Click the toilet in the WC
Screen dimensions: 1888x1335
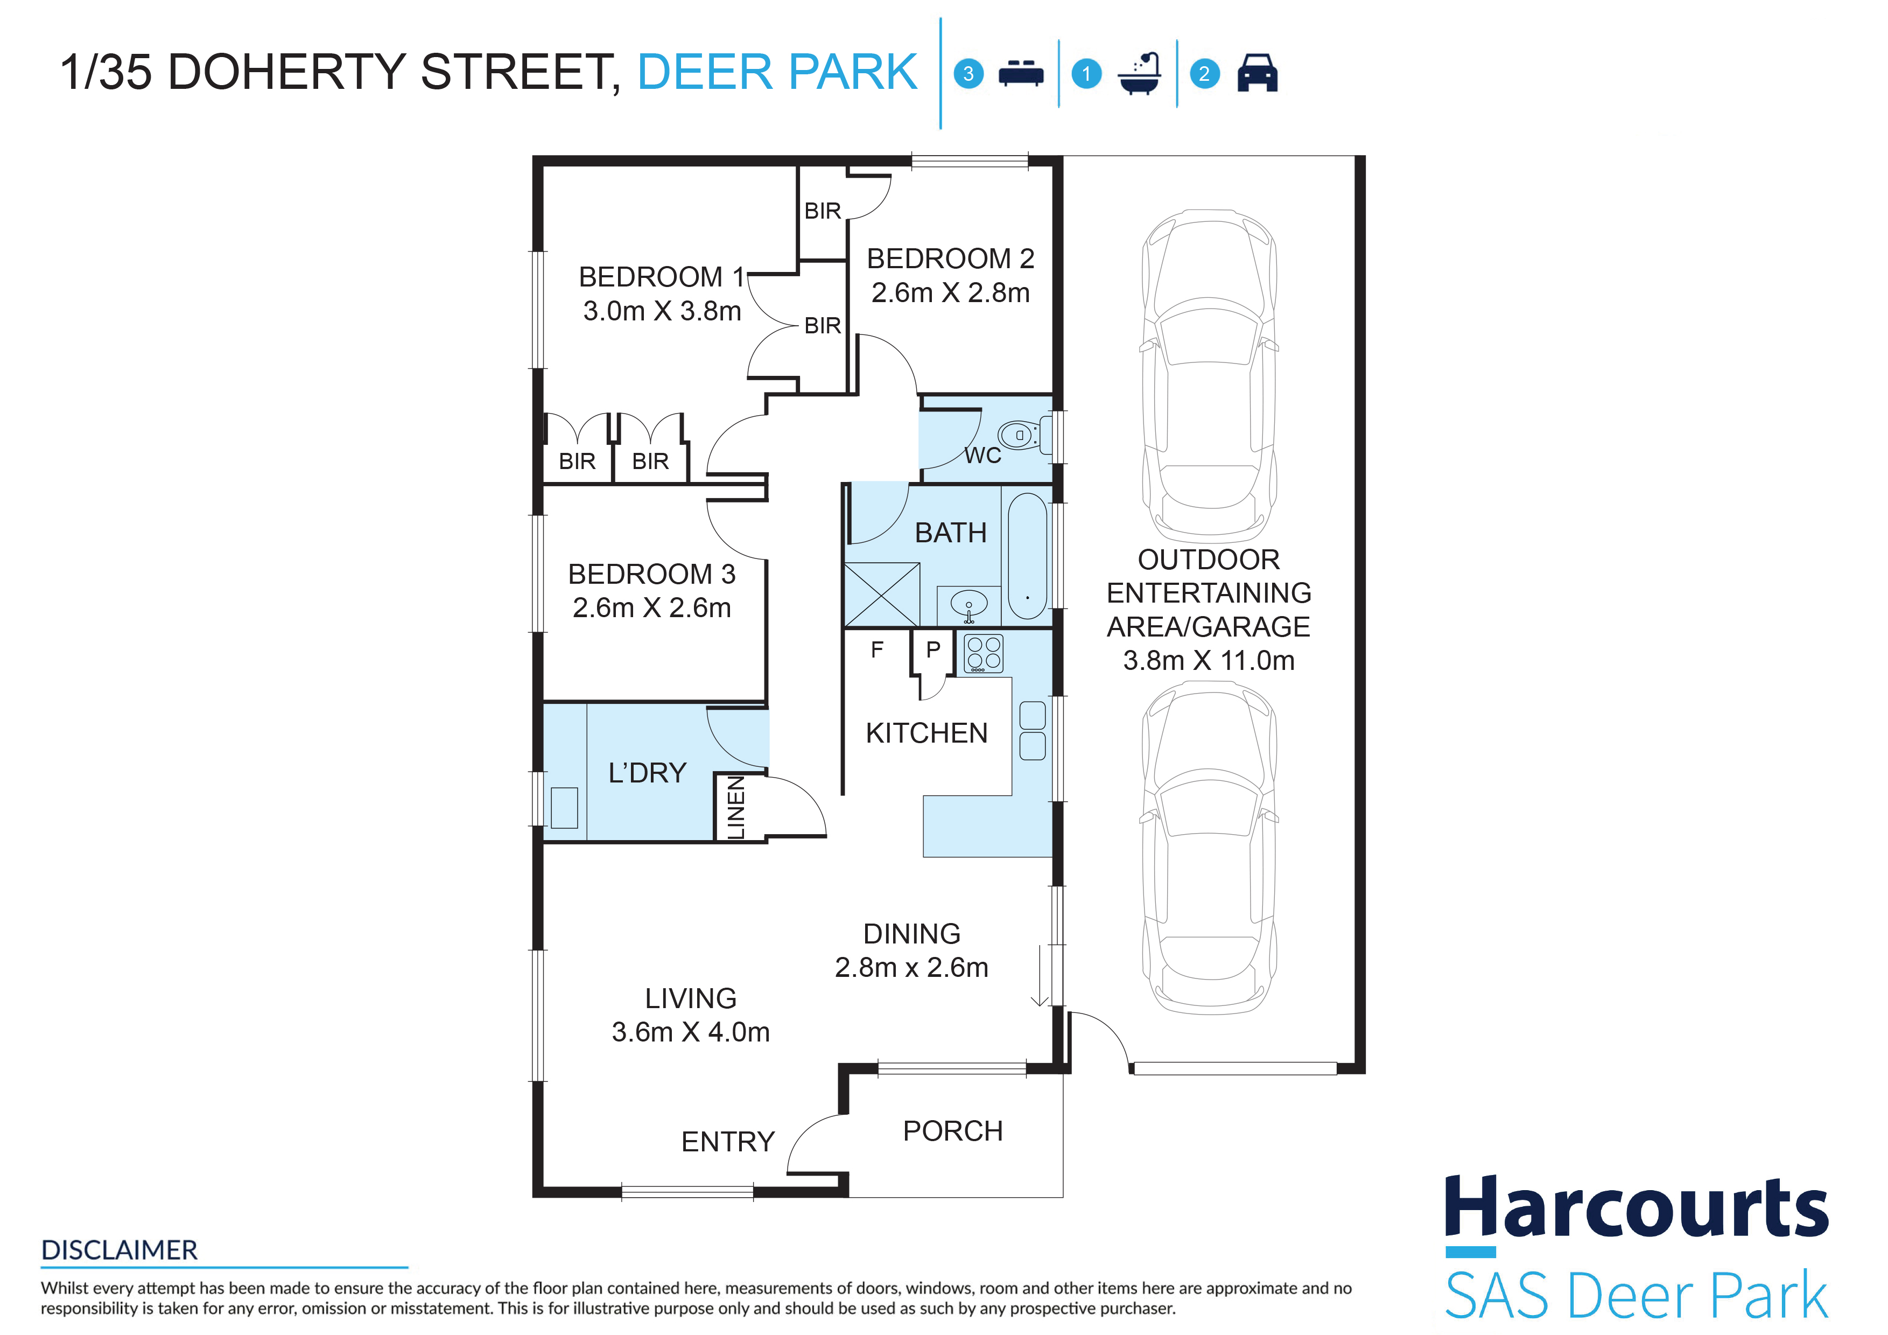(1024, 435)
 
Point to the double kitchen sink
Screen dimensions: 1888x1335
(1032, 730)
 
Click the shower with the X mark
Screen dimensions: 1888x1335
(881, 595)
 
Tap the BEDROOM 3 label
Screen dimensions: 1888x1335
(651, 574)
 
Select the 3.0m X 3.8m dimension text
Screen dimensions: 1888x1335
(662, 311)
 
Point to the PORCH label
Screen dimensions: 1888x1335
(952, 1131)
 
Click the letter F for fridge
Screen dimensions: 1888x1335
(876, 650)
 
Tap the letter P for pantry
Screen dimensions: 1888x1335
(932, 650)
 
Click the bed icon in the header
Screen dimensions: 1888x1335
(1021, 73)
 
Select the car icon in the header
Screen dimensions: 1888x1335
(1257, 73)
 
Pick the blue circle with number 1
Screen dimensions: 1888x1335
(1086, 74)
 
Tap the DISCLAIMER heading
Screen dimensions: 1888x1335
(119, 1250)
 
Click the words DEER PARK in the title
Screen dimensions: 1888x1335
(777, 72)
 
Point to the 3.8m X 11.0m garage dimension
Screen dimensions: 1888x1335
(1209, 661)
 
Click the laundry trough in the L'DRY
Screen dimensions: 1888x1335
(564, 808)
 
